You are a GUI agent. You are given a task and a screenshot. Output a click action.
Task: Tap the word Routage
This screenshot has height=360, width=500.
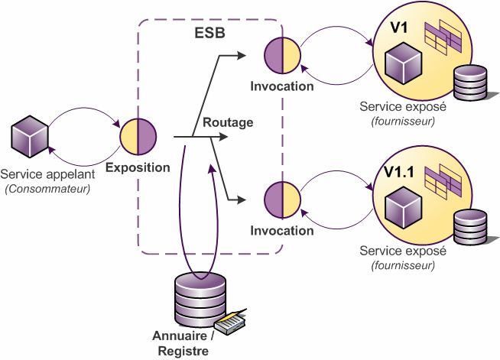[228, 122]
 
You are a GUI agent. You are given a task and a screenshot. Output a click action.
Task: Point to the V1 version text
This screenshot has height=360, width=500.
[399, 29]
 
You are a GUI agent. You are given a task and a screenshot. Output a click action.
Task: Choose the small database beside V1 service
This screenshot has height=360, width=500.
[470, 83]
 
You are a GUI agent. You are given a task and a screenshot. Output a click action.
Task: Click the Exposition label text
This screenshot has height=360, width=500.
[138, 167]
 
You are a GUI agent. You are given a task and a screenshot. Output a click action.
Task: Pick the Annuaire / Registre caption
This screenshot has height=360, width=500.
[183, 343]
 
